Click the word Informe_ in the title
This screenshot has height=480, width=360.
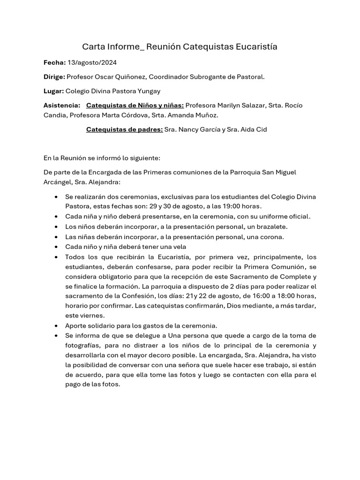pos(125,46)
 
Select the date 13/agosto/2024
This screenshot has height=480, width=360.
pos(92,62)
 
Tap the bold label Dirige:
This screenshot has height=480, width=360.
pos(54,76)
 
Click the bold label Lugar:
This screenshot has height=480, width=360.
pos(53,91)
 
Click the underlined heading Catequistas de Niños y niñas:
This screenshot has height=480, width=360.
pos(135,105)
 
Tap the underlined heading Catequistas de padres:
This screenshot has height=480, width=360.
pos(124,129)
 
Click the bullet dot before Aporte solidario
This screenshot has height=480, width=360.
pos(56,325)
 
